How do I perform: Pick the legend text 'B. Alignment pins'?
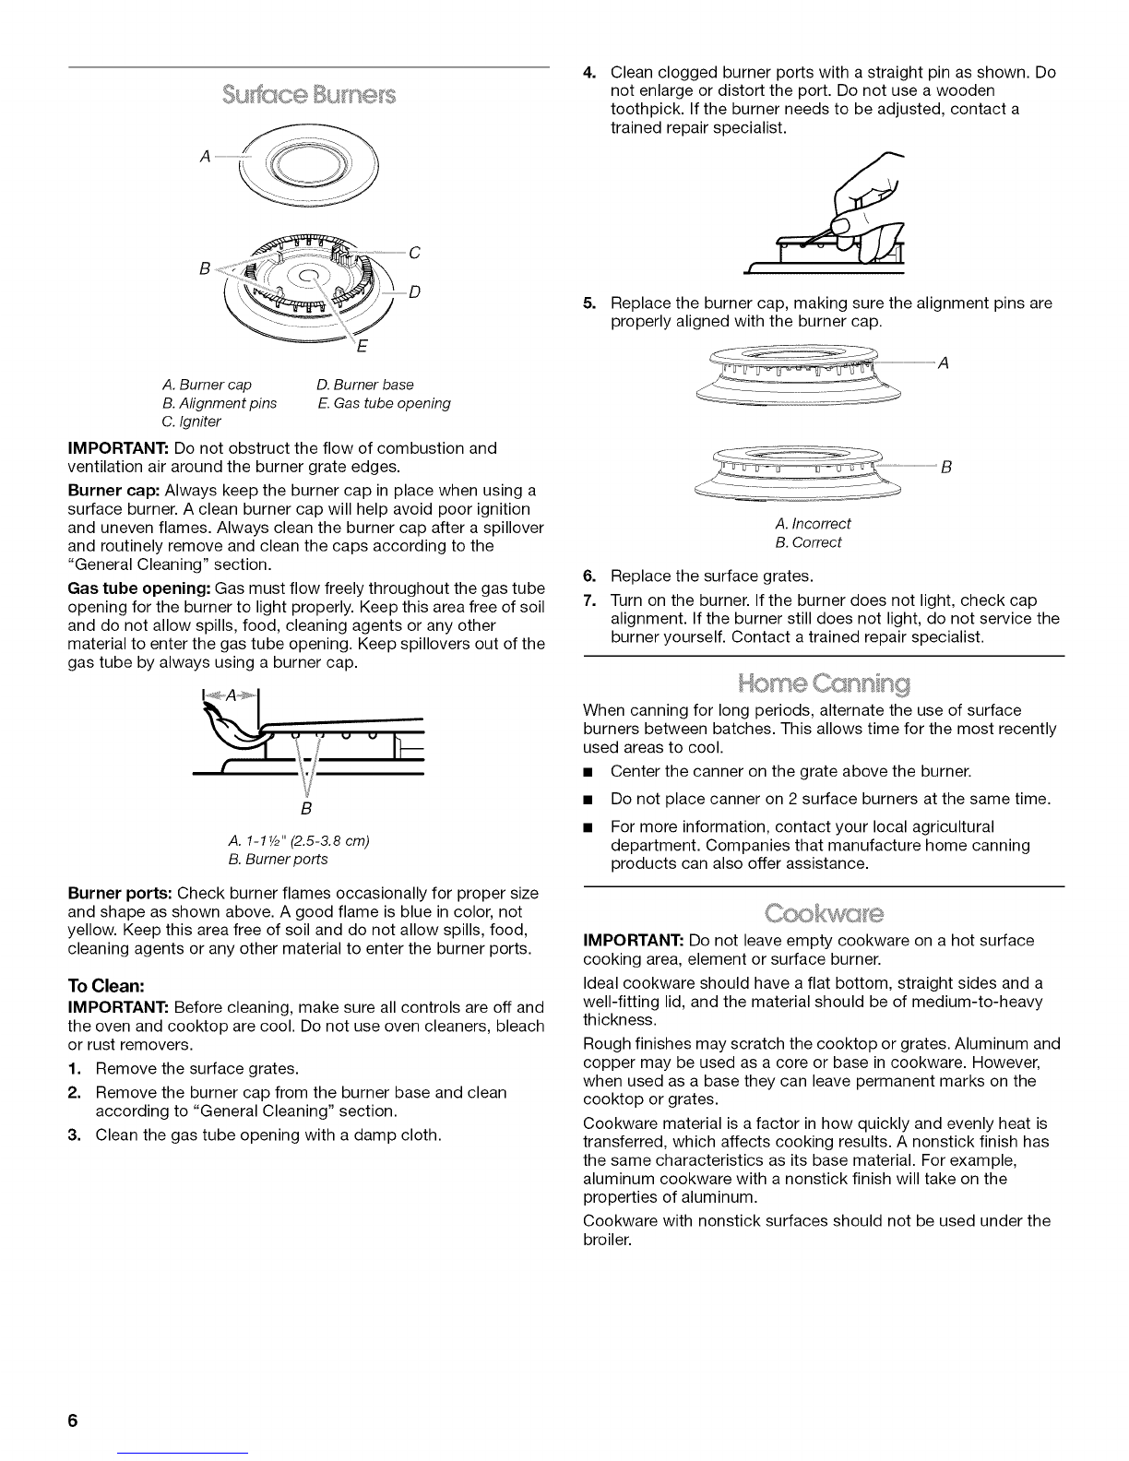219,403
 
